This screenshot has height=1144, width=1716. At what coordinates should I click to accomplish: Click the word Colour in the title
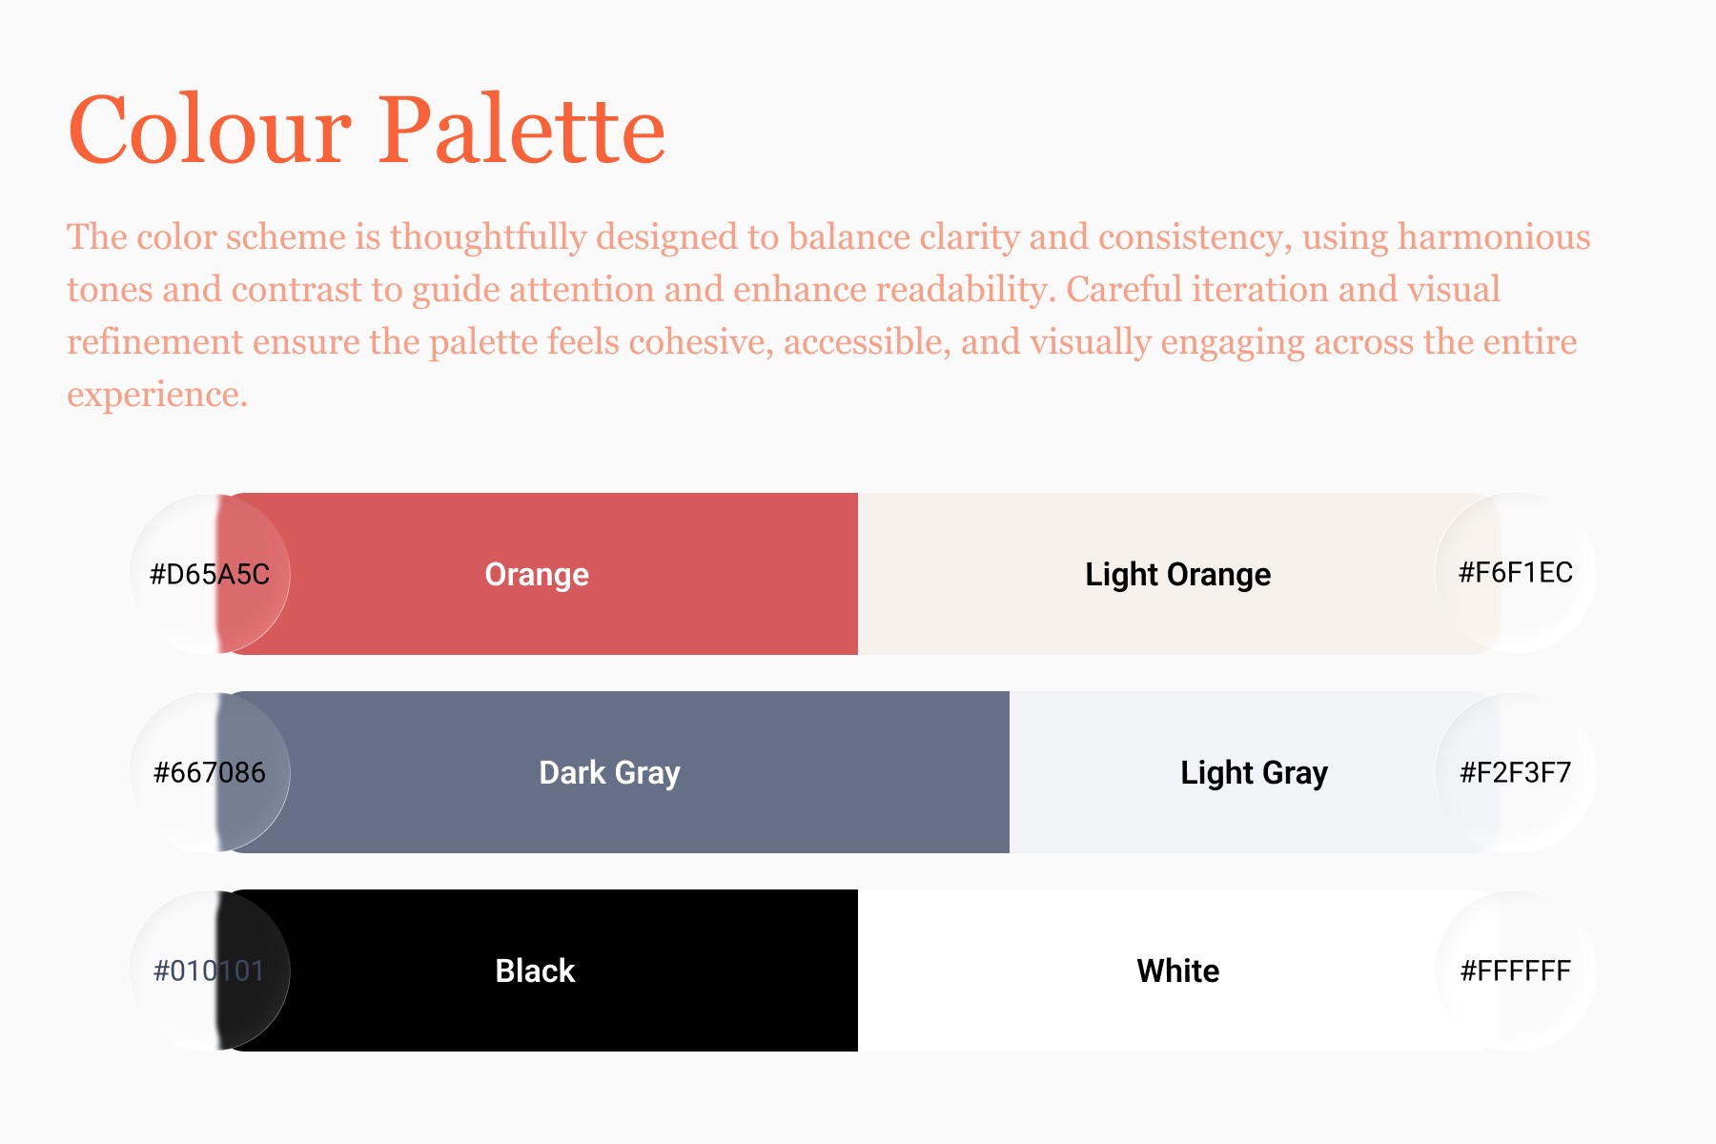pos(211,130)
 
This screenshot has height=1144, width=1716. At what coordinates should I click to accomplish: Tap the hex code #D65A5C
pos(210,574)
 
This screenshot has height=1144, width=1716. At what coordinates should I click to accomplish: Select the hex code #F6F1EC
pos(1516,572)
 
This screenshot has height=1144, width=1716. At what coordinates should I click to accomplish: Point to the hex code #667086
pos(210,772)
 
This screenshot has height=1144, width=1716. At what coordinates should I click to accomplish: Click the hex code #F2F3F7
pos(1516,772)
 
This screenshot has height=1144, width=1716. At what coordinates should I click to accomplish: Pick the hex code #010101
pos(210,970)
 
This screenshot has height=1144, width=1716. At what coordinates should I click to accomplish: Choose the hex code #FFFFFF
pos(1516,970)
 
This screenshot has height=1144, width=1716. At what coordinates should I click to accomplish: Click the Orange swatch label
pos(537,575)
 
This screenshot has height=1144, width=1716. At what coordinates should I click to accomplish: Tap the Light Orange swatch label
pos(1178,575)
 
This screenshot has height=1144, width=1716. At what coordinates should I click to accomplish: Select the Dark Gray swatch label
pos(610,773)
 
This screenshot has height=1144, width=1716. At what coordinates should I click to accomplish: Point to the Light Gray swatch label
pos(1255,773)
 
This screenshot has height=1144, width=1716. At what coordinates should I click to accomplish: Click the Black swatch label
pos(536,970)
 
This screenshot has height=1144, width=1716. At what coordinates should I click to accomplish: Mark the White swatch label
pos(1178,970)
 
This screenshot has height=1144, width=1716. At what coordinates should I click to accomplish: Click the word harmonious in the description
pos(1494,236)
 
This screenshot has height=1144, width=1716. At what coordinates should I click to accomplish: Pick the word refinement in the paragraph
pos(154,341)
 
